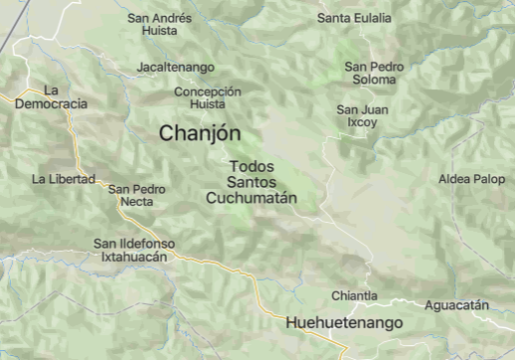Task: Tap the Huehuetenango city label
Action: click(343, 323)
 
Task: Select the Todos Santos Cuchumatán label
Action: click(252, 182)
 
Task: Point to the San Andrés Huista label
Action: click(160, 24)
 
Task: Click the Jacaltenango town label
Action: click(176, 67)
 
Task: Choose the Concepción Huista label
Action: click(207, 96)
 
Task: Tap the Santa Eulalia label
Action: click(354, 18)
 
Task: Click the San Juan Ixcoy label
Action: click(362, 115)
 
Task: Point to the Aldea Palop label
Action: click(471, 179)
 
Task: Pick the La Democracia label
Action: click(51, 96)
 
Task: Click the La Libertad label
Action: click(64, 179)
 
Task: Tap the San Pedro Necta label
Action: click(137, 195)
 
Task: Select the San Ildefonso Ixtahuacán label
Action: click(134, 250)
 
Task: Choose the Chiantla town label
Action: click(354, 295)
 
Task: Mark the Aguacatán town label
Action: click(456, 305)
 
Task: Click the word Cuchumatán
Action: click(252, 198)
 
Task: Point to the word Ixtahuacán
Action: click(134, 257)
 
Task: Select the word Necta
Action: click(137, 202)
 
